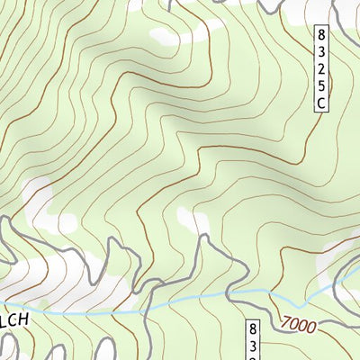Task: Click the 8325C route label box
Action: tap(320, 68)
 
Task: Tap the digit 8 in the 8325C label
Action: tap(320, 35)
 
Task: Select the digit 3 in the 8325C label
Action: tap(320, 52)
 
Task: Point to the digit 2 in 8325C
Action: tap(320, 69)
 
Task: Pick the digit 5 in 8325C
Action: tap(320, 86)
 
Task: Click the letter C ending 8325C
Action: tap(320, 103)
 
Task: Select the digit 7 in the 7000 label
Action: tap(284, 320)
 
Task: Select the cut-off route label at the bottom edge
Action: tap(253, 340)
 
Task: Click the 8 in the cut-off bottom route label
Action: tap(253, 328)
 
